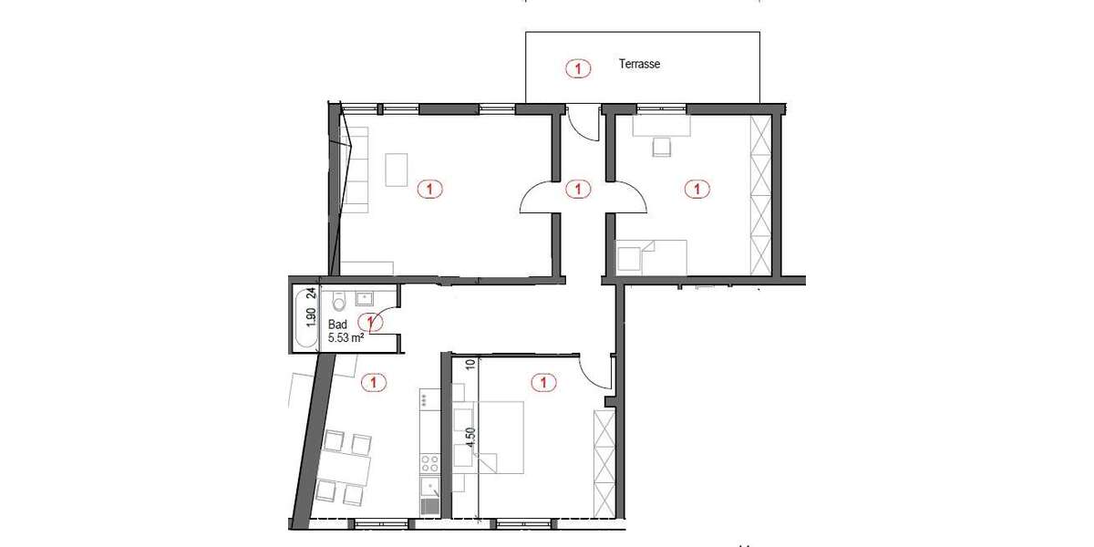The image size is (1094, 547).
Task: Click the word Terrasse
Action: (x=638, y=65)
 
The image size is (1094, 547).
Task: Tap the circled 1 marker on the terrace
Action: (x=576, y=67)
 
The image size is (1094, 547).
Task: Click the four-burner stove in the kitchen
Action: (x=428, y=462)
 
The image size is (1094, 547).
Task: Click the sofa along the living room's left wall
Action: (x=355, y=164)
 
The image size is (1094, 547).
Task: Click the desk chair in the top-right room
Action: (x=660, y=147)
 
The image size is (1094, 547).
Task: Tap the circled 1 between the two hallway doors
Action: (x=576, y=190)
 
